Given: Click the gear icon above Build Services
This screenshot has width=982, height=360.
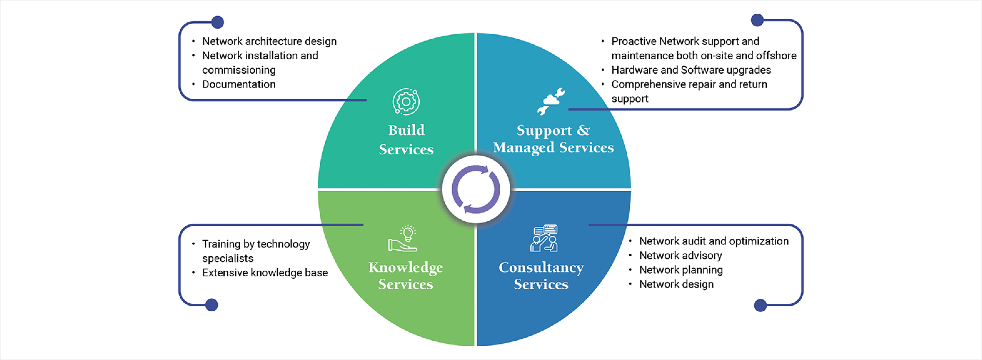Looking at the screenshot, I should click(406, 101).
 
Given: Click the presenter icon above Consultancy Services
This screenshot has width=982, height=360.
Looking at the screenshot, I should click(544, 238).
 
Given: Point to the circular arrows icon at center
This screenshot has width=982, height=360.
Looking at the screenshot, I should click(476, 189).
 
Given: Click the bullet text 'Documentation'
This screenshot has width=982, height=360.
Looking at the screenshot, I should click(239, 84).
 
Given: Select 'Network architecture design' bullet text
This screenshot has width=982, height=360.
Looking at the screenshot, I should click(269, 41).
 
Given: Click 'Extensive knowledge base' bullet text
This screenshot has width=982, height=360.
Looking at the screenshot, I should click(265, 273).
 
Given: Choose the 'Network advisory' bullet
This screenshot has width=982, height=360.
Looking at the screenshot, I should click(680, 256).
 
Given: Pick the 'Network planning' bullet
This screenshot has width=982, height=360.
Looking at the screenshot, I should click(681, 270).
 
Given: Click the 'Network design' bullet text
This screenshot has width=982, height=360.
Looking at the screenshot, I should click(676, 284).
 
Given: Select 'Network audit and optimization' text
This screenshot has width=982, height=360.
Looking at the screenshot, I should click(714, 241).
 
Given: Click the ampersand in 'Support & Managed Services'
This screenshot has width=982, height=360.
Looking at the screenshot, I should click(583, 130).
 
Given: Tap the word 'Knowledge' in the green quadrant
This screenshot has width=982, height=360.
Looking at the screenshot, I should click(406, 268).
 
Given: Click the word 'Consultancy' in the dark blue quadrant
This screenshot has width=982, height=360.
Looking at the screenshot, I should click(541, 268).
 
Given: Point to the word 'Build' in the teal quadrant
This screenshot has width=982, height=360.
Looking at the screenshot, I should click(406, 130).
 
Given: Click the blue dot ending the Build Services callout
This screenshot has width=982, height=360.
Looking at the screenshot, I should click(217, 22).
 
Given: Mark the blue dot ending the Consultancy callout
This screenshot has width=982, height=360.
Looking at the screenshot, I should click(760, 305).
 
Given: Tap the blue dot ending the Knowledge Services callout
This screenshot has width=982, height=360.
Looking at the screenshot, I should click(212, 305).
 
